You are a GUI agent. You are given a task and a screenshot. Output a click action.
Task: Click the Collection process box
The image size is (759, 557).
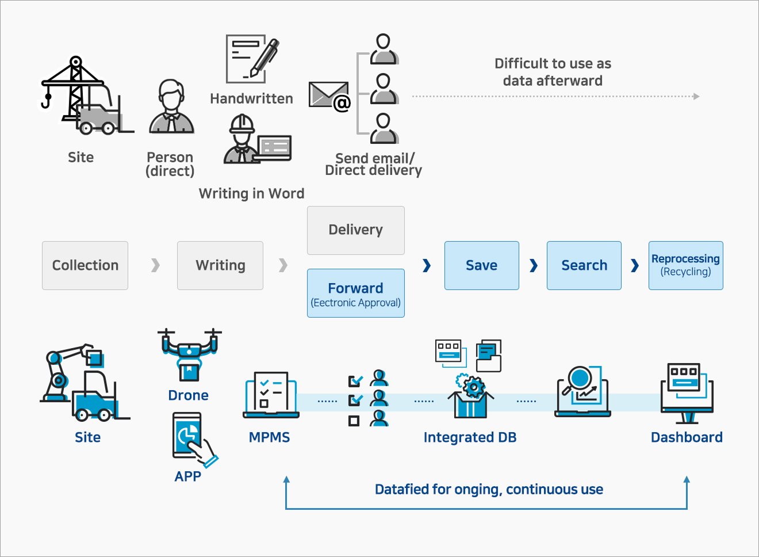point(85,265)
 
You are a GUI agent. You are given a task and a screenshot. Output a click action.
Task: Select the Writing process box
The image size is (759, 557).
point(220,265)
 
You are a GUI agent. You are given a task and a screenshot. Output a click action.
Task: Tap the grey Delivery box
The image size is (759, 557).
point(355,230)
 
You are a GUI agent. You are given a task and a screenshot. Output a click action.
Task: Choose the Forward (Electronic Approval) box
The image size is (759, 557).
point(355,293)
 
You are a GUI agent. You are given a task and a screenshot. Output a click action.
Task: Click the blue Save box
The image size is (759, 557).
point(481,265)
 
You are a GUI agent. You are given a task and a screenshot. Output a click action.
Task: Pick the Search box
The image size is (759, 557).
point(584,265)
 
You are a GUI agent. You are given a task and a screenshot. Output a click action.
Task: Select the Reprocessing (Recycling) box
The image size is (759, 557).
point(685,265)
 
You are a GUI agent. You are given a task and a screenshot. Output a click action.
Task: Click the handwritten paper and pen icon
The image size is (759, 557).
point(252,59)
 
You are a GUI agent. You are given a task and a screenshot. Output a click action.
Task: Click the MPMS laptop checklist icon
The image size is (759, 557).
point(271,395)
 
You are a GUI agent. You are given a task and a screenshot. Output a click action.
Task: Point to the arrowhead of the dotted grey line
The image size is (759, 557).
point(696,97)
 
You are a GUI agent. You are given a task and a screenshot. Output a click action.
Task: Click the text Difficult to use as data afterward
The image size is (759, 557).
point(553,72)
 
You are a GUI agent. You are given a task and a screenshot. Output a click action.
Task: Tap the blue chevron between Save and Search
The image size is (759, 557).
point(534,265)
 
